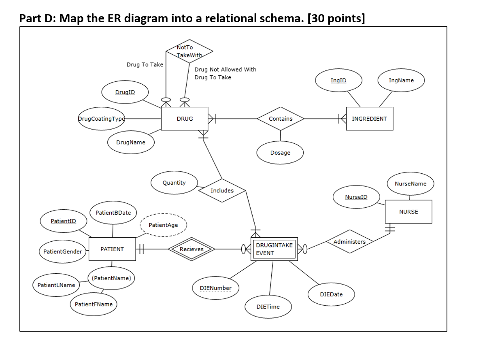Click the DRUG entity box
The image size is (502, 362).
point(185,119)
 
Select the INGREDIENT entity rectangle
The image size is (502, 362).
point(369,119)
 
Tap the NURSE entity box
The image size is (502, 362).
point(408,211)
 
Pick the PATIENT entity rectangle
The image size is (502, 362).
point(112,249)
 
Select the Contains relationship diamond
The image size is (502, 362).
point(280,119)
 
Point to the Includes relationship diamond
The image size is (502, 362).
point(222,190)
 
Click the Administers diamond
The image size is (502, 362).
point(349,242)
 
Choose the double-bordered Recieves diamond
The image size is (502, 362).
point(191,249)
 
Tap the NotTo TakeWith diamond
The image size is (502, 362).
point(189,51)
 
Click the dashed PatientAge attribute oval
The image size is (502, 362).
point(163,225)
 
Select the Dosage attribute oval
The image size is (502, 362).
point(280,153)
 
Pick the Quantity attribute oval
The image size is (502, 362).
point(174,183)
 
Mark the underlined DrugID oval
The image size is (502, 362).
point(125,92)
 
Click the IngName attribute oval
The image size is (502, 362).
point(401,80)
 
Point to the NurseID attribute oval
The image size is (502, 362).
point(356,197)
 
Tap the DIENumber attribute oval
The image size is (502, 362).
point(216,288)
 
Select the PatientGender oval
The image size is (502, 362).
point(62,251)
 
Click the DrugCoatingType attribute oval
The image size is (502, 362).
point(101,119)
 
